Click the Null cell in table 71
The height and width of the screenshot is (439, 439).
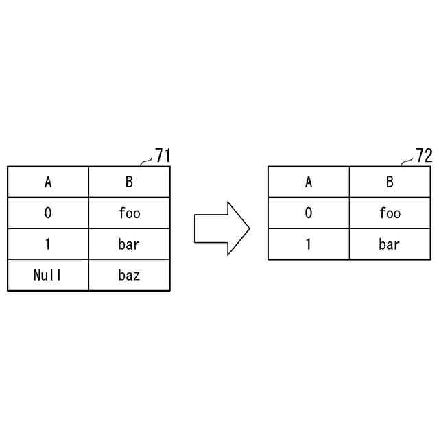pos(48,276)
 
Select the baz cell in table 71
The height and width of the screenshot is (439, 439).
pos(129,276)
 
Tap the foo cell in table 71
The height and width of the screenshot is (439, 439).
pos(129,213)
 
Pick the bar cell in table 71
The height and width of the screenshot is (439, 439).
pos(129,244)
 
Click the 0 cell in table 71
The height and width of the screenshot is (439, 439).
pos(48,213)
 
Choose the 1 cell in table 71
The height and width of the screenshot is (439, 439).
pos(48,244)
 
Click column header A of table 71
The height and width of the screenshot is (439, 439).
pos(48,182)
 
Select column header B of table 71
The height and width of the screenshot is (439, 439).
pos(129,182)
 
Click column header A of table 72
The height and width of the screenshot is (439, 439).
pos(309,182)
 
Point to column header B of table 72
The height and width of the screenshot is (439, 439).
pos(390,182)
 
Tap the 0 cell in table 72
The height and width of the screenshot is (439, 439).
pos(309,213)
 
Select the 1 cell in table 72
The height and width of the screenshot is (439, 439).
pos(309,244)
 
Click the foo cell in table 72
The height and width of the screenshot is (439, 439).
pos(390,213)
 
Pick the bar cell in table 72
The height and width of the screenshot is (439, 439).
pos(390,244)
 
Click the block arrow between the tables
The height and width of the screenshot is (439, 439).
pos(219,228)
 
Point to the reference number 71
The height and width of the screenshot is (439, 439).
pos(162,156)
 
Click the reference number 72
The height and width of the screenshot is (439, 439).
pos(423,156)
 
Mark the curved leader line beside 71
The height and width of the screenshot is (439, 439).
pos(145,162)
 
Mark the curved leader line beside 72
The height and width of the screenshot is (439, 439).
pos(407,162)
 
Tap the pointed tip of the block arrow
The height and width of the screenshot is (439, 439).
pos(248,228)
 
